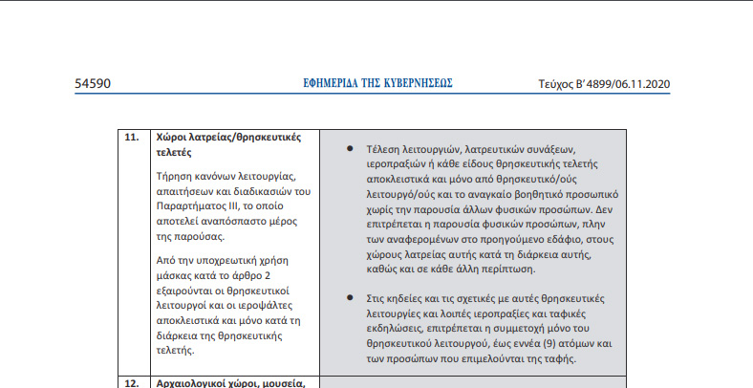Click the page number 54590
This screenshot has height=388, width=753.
[x=94, y=83]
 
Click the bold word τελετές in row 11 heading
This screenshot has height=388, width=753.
[x=174, y=152]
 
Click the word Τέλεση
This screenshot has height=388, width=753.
[x=384, y=150]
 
